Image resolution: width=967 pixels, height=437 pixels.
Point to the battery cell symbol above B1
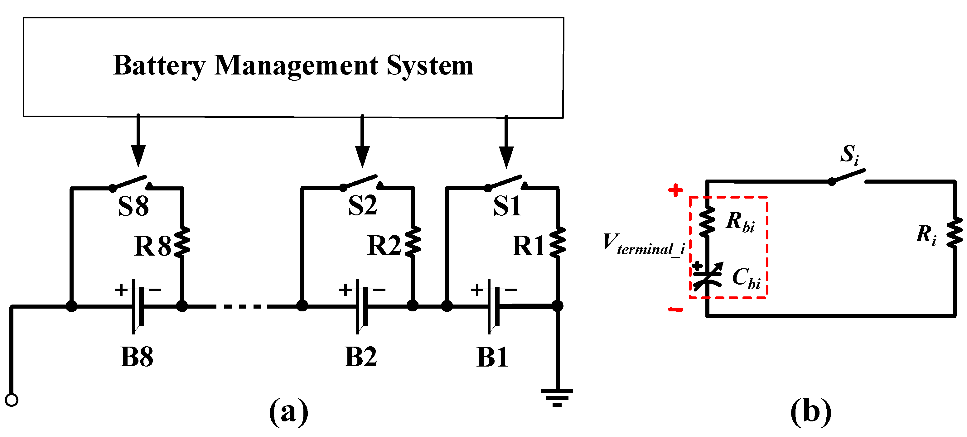(x=493, y=305)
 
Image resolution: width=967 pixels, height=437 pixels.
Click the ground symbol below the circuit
(x=557, y=397)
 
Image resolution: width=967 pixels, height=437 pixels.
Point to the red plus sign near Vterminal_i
(x=675, y=190)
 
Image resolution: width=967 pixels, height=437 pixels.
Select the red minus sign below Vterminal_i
(x=676, y=310)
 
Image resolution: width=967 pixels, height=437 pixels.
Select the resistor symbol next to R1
(x=558, y=242)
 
